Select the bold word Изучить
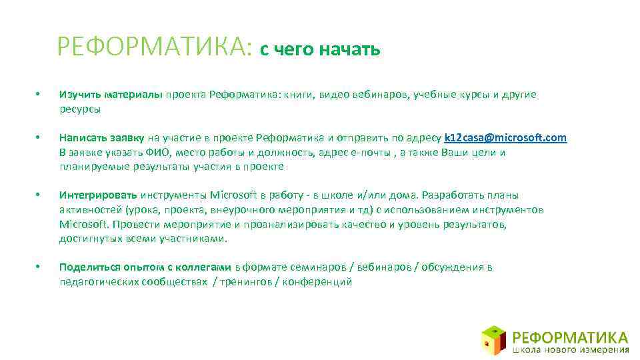click(78, 95)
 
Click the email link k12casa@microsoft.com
click(505, 138)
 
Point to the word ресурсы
click(80, 108)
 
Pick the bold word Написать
click(81, 138)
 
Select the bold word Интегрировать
click(98, 195)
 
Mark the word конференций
click(317, 282)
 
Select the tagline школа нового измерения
click(571, 348)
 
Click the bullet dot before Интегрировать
click(38, 195)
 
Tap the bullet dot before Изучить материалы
click(38, 95)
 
